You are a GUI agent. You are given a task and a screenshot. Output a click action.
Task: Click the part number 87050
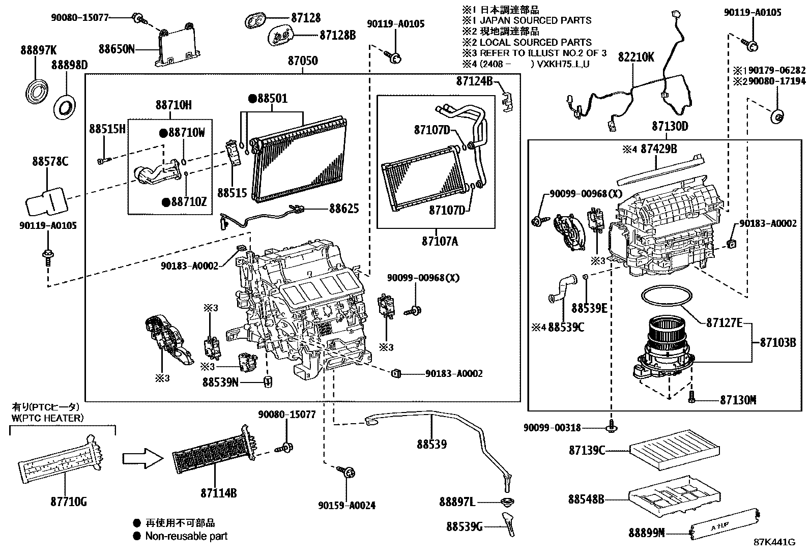(303, 61)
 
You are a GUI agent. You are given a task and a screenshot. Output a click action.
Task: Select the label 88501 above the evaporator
(272, 98)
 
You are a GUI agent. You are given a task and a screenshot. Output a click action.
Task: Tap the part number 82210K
(636, 57)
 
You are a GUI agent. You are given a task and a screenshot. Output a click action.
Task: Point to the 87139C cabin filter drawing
(674, 450)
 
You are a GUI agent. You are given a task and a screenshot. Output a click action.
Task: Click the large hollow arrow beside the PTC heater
(143, 458)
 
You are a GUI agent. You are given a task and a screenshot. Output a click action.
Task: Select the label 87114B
(219, 493)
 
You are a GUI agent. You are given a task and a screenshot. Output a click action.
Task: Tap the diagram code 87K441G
(774, 542)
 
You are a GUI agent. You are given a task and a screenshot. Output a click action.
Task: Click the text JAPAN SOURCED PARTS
(536, 20)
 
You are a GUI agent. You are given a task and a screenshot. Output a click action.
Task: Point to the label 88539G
(465, 526)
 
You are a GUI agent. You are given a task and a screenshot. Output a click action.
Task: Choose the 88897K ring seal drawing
(36, 93)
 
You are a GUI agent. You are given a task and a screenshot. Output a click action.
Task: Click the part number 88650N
(117, 49)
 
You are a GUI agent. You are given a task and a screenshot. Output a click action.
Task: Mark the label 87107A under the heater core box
(440, 241)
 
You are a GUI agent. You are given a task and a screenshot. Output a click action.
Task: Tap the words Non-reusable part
(186, 536)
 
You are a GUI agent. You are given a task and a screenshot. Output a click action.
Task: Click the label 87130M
(738, 400)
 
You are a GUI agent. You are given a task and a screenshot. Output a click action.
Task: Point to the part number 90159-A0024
(347, 505)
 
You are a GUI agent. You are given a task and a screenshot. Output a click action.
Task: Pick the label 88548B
(586, 499)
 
